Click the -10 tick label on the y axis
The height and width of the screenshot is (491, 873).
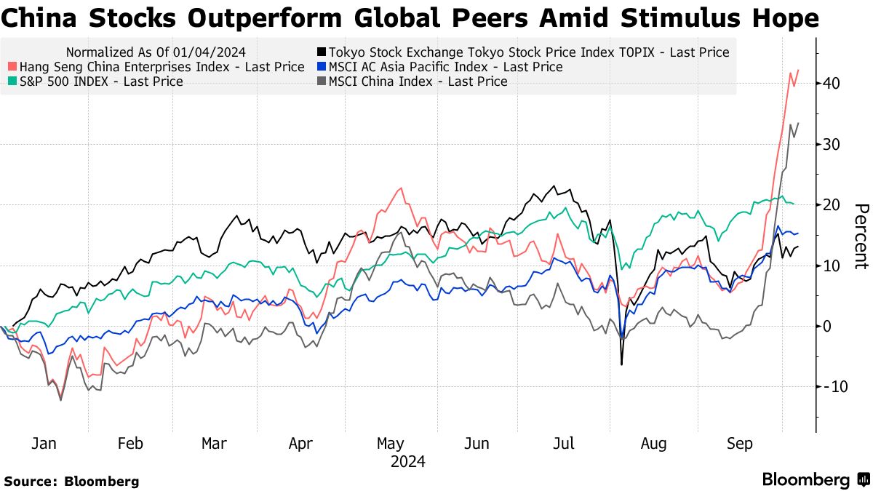[x=829, y=387]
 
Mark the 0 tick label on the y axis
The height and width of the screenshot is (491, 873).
[x=827, y=326]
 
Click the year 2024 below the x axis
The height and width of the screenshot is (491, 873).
[x=407, y=462]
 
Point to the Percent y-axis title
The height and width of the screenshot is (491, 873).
[x=861, y=236]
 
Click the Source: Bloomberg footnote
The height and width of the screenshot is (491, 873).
[x=71, y=481]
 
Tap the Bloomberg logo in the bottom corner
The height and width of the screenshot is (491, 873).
[x=815, y=480]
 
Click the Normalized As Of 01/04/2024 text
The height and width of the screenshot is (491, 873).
[x=156, y=52]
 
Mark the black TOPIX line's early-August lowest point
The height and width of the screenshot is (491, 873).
[x=622, y=364]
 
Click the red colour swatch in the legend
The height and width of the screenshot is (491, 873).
[x=12, y=67]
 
